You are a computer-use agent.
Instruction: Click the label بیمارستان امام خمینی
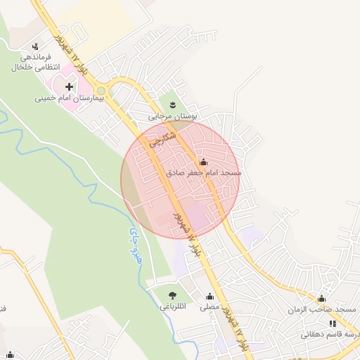pyautogui.click(x=70, y=99)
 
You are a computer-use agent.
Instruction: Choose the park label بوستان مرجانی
pyautogui.click(x=170, y=116)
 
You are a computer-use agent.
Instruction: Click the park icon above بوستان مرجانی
pyautogui.click(x=171, y=105)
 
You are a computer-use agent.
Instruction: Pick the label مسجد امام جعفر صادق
pyautogui.click(x=204, y=172)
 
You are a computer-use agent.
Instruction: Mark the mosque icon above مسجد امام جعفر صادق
pyautogui.click(x=204, y=162)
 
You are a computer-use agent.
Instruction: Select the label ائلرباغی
pyautogui.click(x=173, y=307)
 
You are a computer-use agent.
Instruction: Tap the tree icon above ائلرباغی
pyautogui.click(x=173, y=295)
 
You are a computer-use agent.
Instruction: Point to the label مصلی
pyautogui.click(x=210, y=307)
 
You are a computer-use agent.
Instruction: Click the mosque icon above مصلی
pyautogui.click(x=210, y=296)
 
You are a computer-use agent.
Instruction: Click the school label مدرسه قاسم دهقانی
pyautogui.click(x=330, y=334)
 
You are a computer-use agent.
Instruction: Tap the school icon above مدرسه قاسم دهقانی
pyautogui.click(x=332, y=323)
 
